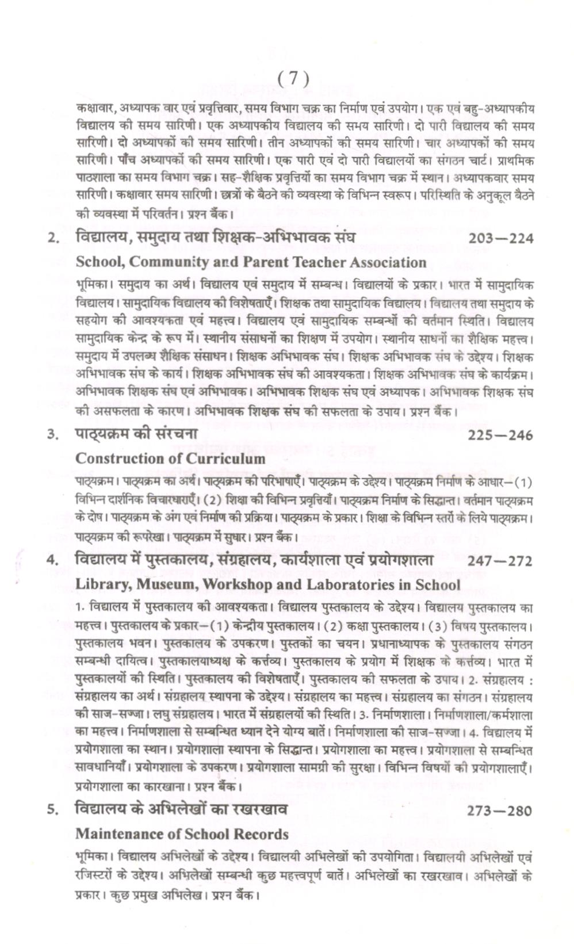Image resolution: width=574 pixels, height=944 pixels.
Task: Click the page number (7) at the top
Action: point(293,78)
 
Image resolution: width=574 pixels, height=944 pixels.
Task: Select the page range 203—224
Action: point(500,238)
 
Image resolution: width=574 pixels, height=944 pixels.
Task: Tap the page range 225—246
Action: point(500,435)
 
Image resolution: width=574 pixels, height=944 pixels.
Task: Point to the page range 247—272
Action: point(500,561)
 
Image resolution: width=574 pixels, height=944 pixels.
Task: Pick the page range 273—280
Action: point(500,811)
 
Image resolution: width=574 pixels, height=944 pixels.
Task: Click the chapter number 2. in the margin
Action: point(53,238)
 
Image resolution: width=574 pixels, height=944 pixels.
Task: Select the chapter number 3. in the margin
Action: point(53,435)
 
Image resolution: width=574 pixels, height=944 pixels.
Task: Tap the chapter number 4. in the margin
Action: point(53,561)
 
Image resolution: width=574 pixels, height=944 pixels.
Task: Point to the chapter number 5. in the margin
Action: point(53,811)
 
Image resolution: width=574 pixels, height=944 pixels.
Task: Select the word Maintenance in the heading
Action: point(120,834)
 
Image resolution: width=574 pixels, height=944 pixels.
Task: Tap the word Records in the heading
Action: point(262,834)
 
